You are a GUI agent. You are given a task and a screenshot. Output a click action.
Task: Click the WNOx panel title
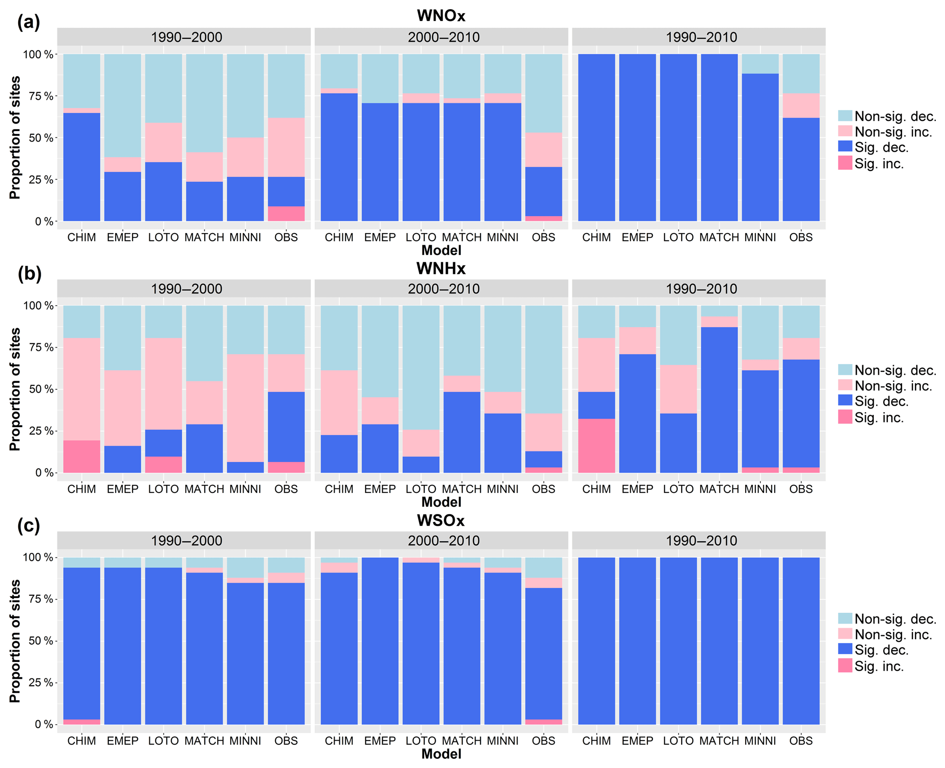441,16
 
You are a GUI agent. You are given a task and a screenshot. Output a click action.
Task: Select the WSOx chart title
441,520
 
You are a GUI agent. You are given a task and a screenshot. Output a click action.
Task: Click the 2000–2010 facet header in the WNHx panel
443,289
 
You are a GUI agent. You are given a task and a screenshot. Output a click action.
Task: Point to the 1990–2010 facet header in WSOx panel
701,540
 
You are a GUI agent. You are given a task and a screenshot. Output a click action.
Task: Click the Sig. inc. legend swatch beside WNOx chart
845,163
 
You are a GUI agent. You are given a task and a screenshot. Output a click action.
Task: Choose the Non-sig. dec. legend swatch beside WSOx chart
845,619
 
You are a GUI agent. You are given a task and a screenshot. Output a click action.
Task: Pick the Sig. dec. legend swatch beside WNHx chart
845,401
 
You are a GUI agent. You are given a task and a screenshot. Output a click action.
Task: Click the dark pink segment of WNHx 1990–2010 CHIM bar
596,445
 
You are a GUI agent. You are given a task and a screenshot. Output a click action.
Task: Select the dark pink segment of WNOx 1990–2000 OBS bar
286,214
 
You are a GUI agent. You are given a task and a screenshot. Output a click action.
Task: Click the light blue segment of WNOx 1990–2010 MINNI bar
760,64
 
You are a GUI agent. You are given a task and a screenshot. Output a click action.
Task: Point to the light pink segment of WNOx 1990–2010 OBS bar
801,106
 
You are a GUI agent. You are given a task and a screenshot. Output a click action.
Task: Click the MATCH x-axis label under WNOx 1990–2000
204,238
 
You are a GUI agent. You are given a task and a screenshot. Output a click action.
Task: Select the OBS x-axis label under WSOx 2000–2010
543,741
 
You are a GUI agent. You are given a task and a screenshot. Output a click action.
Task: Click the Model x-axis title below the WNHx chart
441,502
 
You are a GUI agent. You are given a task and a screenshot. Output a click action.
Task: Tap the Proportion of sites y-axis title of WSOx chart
15,641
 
